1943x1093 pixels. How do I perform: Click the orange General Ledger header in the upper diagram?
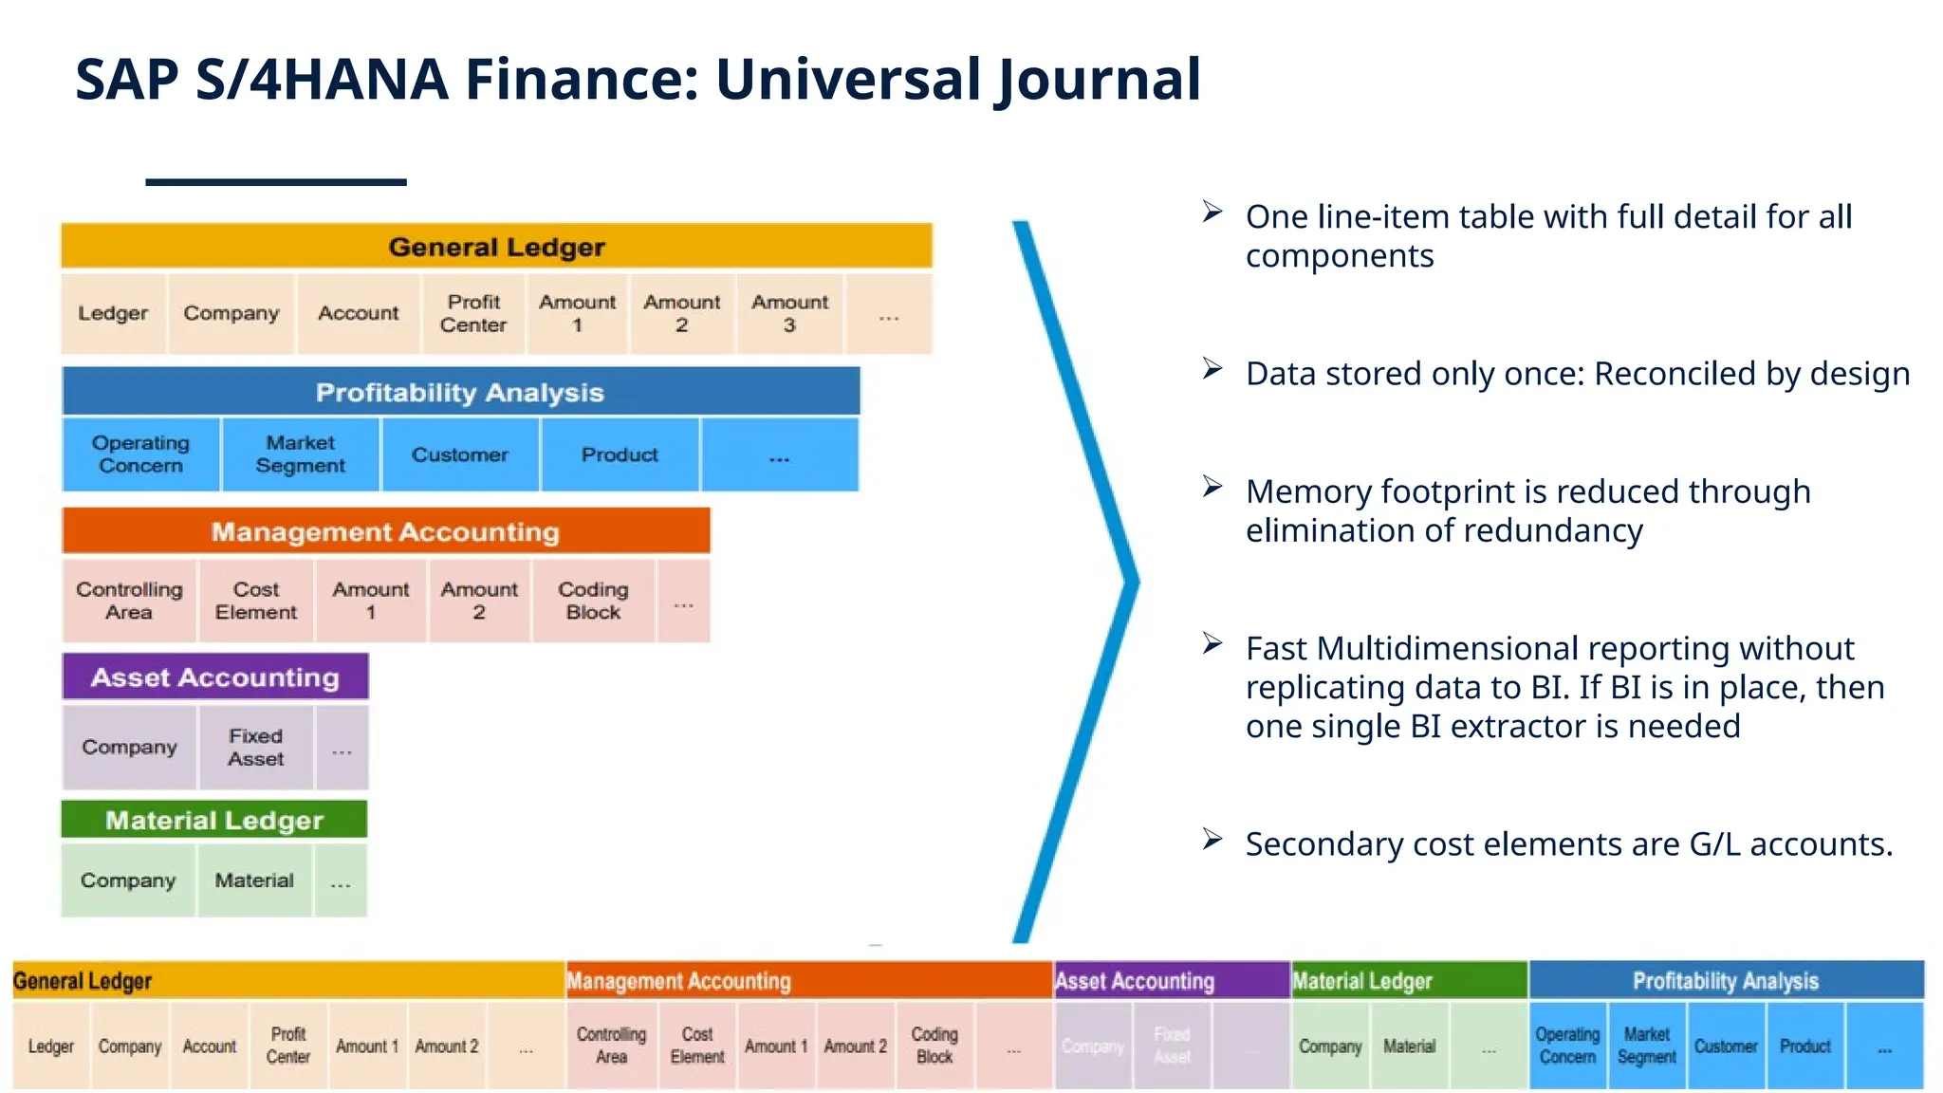pyautogui.click(x=496, y=247)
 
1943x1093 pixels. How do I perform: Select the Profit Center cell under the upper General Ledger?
pyautogui.click(x=473, y=314)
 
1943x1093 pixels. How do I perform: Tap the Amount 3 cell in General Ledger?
pyautogui.click(x=789, y=314)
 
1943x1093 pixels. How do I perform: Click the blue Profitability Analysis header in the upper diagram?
pyautogui.click(x=460, y=392)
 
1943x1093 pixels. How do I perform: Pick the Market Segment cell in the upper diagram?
pyautogui.click(x=300, y=454)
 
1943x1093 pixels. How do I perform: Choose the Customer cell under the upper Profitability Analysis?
pyautogui.click(x=460, y=454)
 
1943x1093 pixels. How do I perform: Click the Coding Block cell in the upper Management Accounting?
pyautogui.click(x=593, y=601)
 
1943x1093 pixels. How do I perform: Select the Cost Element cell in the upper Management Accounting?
pyautogui.click(x=255, y=601)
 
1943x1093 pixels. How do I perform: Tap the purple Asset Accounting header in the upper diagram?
pyautogui.click(x=215, y=677)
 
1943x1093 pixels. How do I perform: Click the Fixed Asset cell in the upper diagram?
pyautogui.click(x=255, y=748)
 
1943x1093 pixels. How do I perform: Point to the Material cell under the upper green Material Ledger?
pyautogui.click(x=254, y=880)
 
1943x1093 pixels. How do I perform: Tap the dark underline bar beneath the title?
pyautogui.click(x=276, y=181)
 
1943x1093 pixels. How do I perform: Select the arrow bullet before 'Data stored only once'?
pyautogui.click(x=1212, y=369)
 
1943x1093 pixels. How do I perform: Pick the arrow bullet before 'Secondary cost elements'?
pyautogui.click(x=1212, y=840)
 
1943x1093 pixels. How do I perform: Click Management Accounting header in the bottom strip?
pyautogui.click(x=678, y=981)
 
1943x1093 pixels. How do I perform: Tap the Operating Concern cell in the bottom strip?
pyautogui.click(x=1567, y=1046)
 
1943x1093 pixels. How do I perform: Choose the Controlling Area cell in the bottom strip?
pyautogui.click(x=611, y=1046)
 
